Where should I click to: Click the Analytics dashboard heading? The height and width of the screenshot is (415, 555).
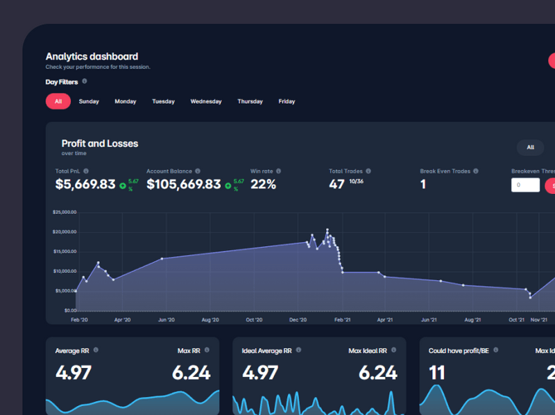(92, 57)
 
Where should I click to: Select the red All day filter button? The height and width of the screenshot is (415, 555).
(58, 101)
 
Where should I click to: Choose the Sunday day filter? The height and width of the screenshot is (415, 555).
(89, 101)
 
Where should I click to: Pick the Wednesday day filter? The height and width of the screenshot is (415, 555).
(206, 101)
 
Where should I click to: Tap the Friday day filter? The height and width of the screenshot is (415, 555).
(287, 101)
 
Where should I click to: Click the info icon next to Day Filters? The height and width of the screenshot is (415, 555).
(85, 82)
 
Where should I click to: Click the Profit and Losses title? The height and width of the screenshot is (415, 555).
(100, 143)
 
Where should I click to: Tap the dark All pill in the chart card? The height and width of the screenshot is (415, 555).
(530, 147)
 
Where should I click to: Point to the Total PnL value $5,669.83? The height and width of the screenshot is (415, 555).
(85, 184)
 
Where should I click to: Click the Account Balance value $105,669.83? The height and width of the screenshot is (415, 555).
(184, 184)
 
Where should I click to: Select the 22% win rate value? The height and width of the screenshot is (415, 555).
(263, 184)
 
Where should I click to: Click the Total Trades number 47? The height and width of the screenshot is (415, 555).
(336, 184)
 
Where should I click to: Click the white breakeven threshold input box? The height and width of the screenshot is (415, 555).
(525, 185)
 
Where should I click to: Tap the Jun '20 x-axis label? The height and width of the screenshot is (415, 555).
(166, 320)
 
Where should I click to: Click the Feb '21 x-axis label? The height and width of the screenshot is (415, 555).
(341, 320)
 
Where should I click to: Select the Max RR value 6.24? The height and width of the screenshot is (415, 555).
(191, 373)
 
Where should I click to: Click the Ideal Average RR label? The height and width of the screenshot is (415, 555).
(266, 351)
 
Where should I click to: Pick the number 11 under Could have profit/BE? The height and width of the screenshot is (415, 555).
(436, 373)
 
